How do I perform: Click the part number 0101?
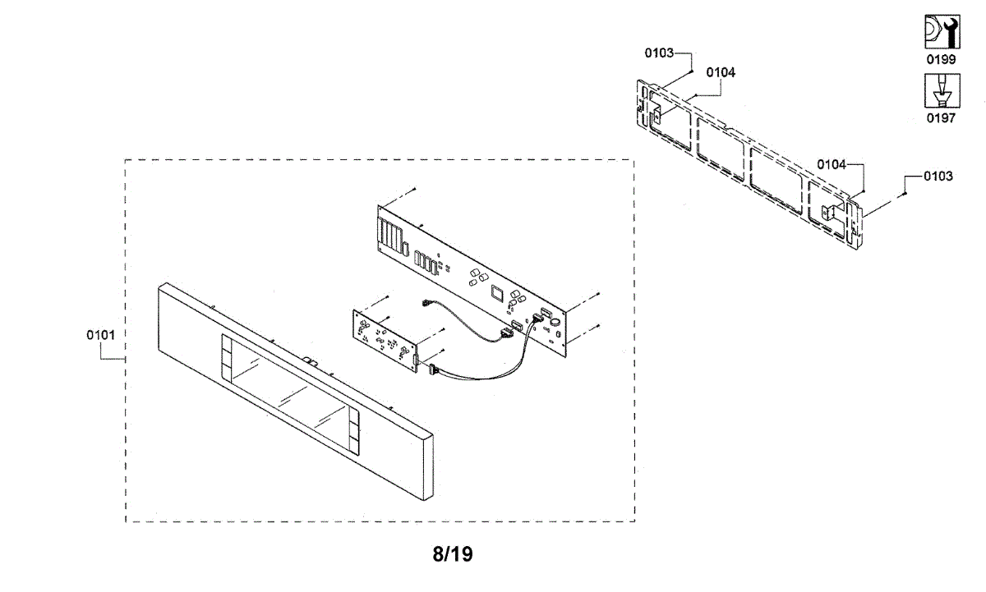point(100,336)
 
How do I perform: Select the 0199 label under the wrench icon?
point(941,60)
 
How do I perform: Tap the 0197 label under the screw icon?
point(941,118)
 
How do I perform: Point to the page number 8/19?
point(453,554)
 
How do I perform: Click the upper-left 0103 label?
point(659,53)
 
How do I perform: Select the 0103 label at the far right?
point(938,176)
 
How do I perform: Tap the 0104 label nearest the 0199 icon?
point(721,72)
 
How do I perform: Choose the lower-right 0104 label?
point(832,164)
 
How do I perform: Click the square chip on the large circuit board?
point(495,291)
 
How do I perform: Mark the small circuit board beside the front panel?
point(384,333)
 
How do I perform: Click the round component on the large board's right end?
point(556,322)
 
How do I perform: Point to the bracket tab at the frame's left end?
point(657,114)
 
